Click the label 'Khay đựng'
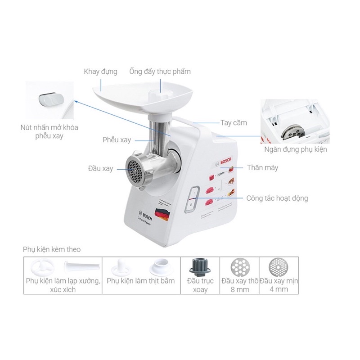[100, 72]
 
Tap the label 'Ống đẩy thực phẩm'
[160, 72]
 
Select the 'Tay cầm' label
[234, 122]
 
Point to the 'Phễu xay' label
[117, 140]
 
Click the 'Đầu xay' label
[100, 169]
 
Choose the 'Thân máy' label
[262, 167]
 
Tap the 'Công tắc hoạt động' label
[277, 198]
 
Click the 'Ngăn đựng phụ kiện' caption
[296, 149]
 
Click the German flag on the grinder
[161, 213]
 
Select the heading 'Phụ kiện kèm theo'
[52, 249]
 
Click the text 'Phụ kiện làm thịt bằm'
[140, 281]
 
